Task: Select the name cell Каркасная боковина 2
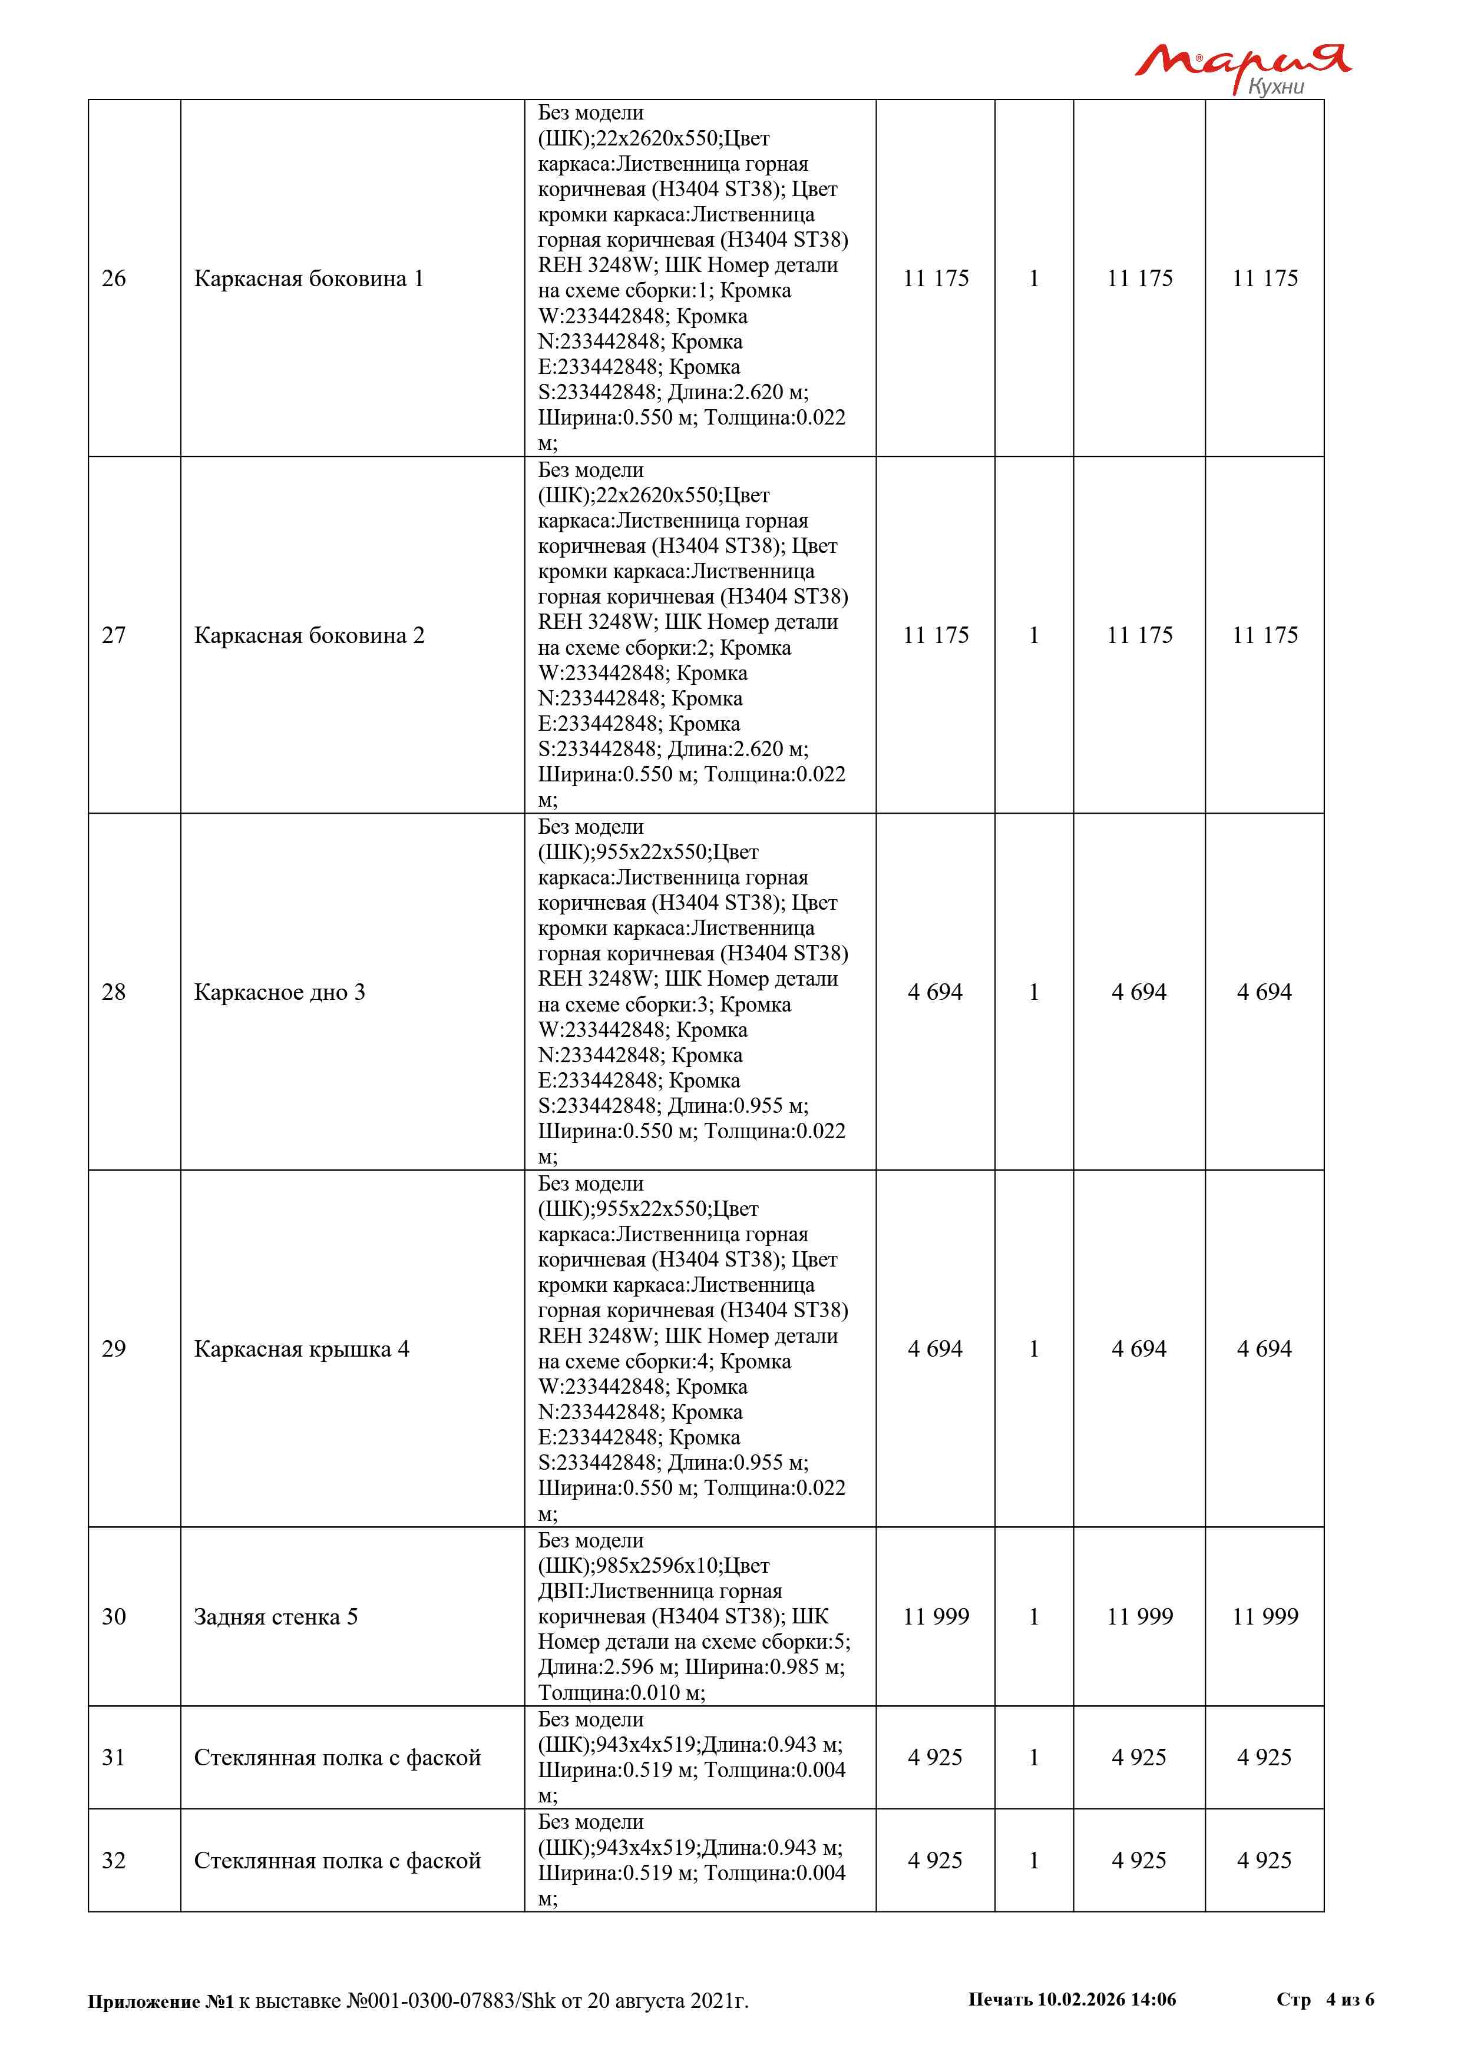pos(309,636)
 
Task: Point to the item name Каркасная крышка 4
pos(302,1349)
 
